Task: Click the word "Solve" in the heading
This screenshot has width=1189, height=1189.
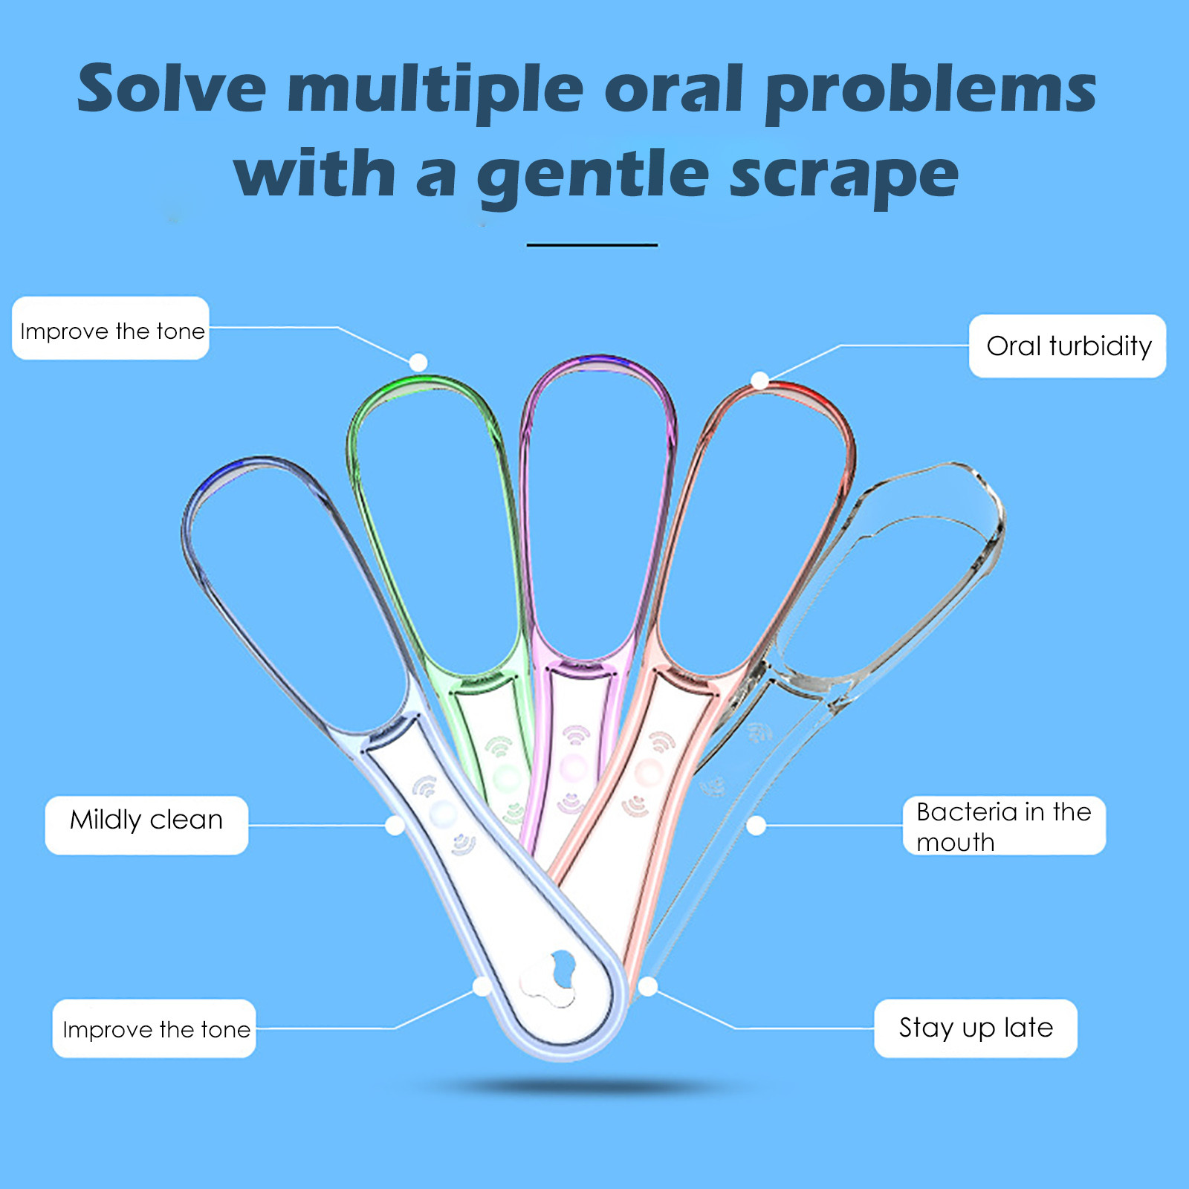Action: tap(172, 88)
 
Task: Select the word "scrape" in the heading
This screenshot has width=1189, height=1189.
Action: tap(844, 177)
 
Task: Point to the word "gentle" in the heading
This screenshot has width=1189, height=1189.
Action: tap(594, 175)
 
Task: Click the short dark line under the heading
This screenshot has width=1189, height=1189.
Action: tap(592, 244)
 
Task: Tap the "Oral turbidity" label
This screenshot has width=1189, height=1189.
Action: tap(1068, 346)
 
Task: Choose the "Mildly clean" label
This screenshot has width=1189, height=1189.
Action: tap(146, 825)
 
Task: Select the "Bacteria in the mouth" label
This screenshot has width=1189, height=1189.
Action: tap(1004, 826)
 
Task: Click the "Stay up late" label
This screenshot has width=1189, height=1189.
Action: tap(976, 1028)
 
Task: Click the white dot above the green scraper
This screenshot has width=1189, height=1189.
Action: tap(418, 363)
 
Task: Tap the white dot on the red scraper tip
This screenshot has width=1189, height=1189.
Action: tap(759, 381)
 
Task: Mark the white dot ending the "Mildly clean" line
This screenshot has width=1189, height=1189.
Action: tap(395, 826)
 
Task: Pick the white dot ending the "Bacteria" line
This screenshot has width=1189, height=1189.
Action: tap(756, 826)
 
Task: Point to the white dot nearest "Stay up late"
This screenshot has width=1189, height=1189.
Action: tap(648, 987)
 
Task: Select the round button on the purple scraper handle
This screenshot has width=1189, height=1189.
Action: tap(573, 767)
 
